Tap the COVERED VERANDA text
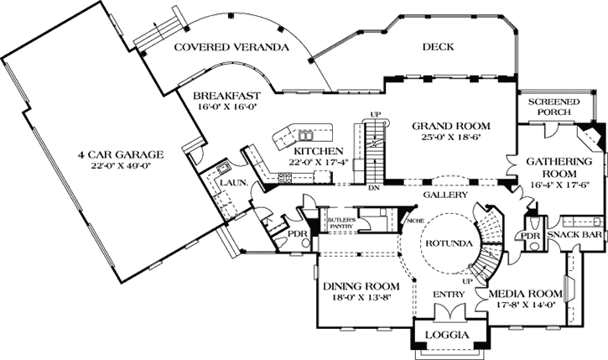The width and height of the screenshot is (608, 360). click(231, 48)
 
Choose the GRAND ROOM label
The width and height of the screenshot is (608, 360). click(445, 126)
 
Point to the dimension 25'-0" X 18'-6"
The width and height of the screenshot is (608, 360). click(445, 138)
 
